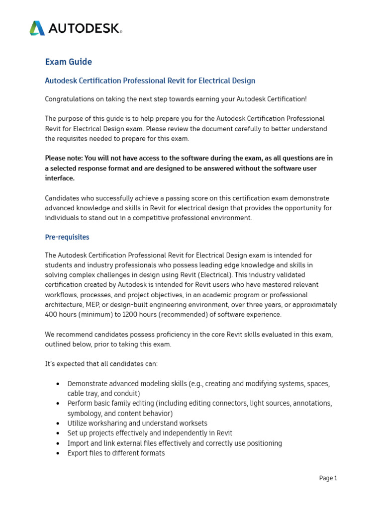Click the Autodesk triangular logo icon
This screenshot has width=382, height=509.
tap(37, 28)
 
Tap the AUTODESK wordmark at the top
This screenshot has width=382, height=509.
tap(85, 28)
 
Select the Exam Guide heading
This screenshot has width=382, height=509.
tap(69, 62)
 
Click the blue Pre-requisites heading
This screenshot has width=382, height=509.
tap(67, 237)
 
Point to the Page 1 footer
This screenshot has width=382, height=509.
tap(328, 478)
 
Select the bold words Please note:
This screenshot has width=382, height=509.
tap(64, 158)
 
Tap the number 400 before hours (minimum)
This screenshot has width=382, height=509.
tap(51, 315)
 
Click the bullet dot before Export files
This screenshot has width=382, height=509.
tap(58, 453)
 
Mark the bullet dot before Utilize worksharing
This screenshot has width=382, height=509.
tap(58, 424)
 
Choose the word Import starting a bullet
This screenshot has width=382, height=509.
tap(78, 443)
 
